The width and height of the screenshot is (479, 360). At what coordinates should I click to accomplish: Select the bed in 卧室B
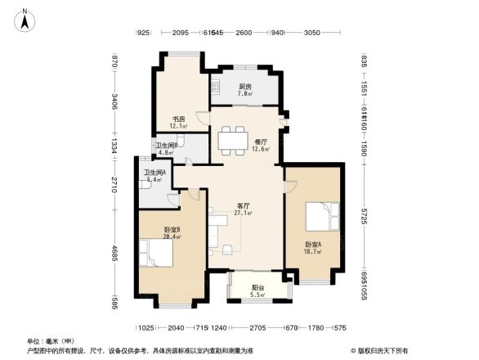(x=157, y=253)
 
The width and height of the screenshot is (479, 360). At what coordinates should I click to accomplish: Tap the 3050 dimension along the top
(x=311, y=32)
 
